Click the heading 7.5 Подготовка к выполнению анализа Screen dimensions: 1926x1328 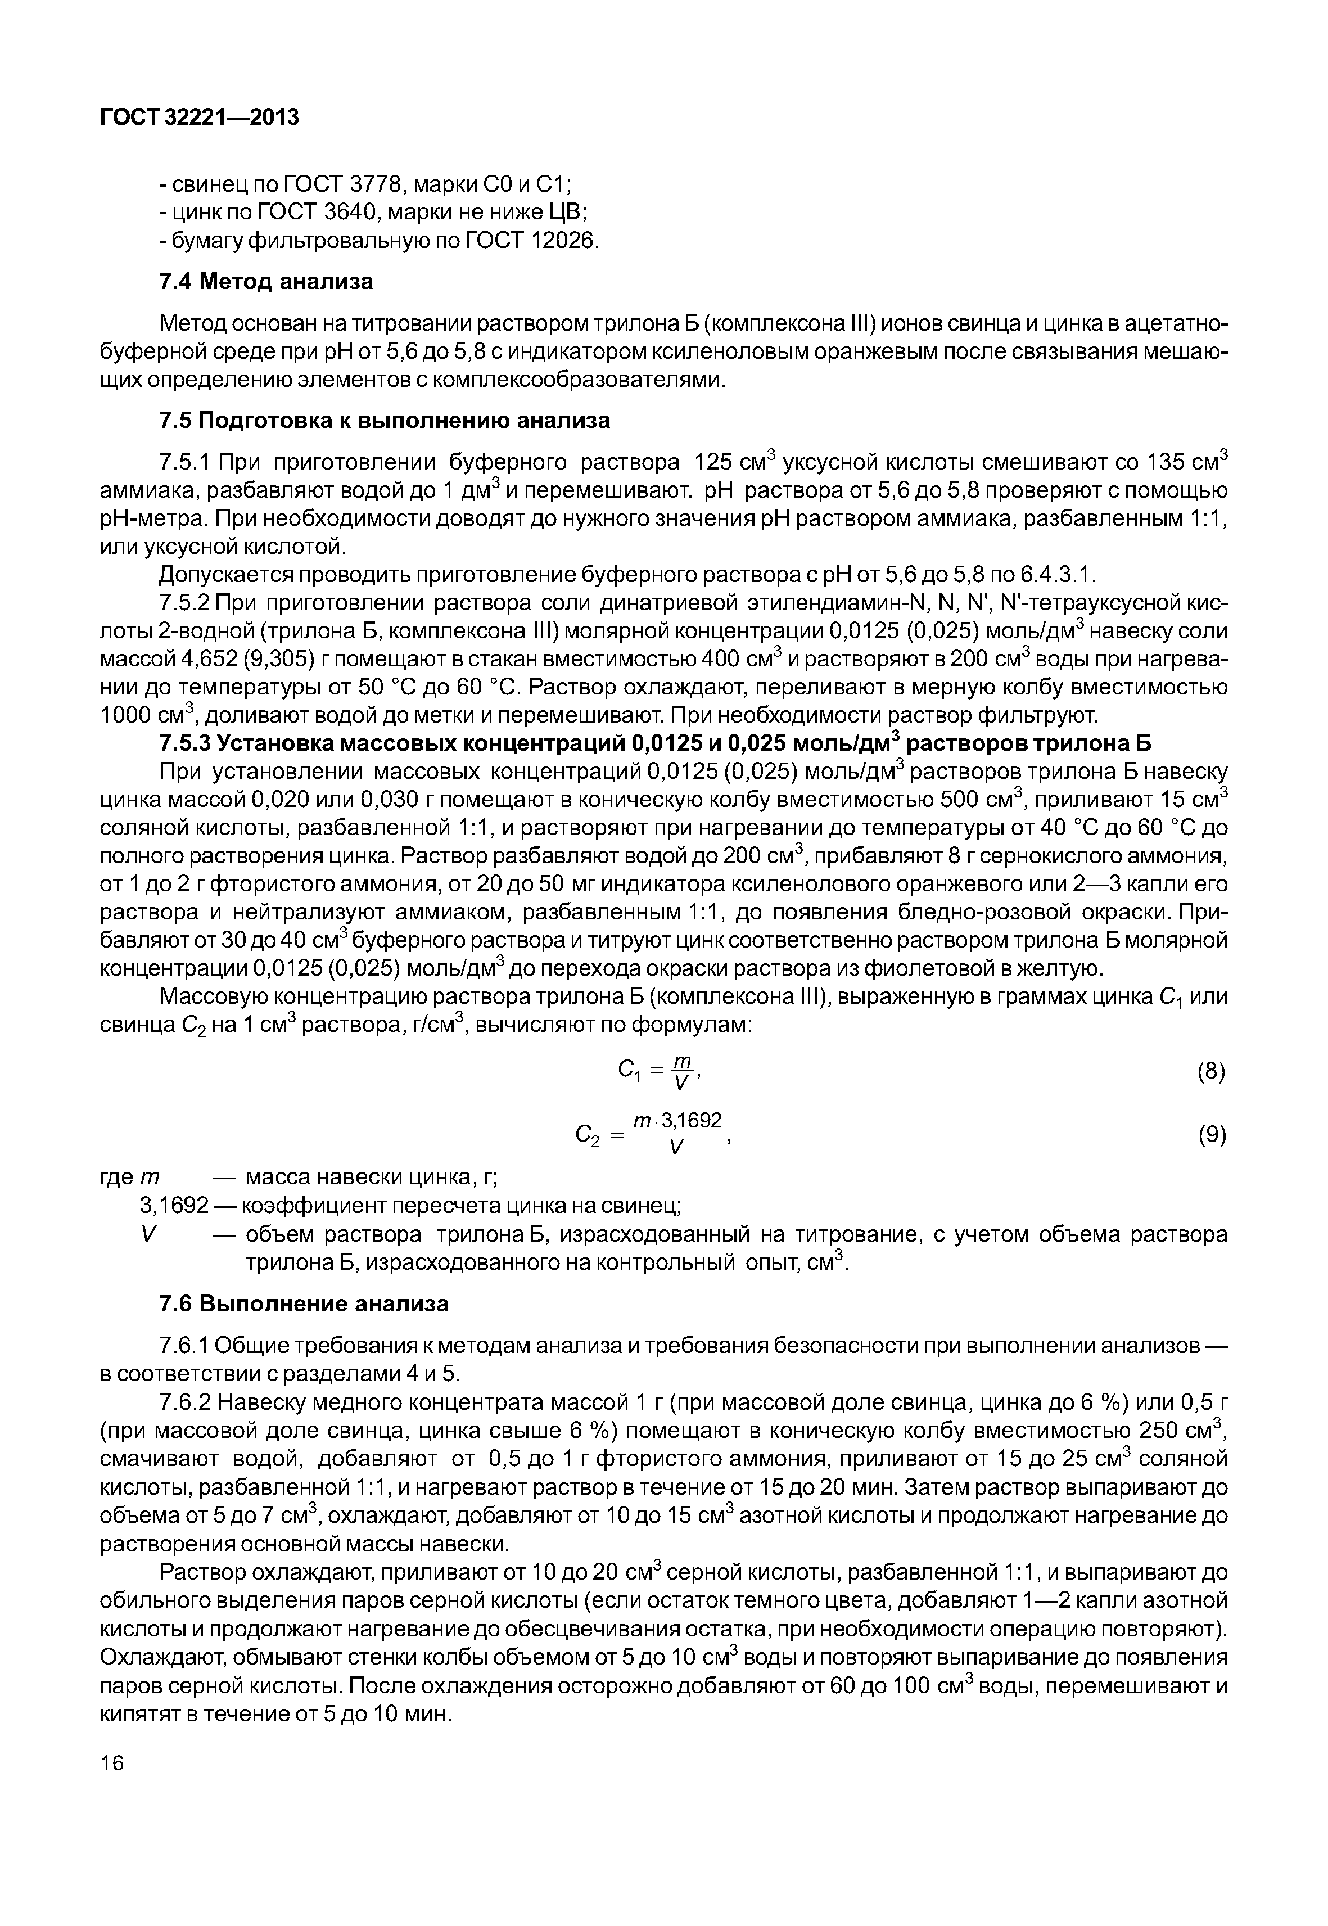tap(385, 420)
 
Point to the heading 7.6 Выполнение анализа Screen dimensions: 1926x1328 tap(304, 1303)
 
